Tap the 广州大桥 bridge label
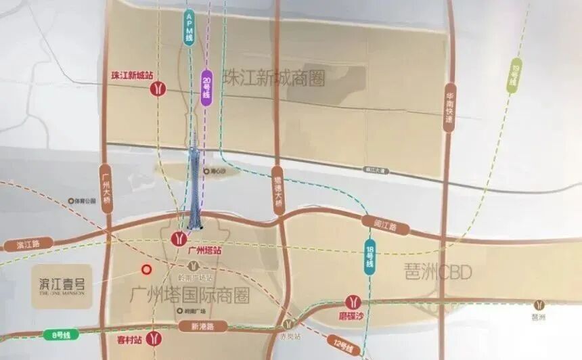click(105, 189)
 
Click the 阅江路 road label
click(383, 223)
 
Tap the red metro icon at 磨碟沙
click(353, 302)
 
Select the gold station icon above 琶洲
click(539, 305)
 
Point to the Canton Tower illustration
click(194, 183)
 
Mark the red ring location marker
click(145, 270)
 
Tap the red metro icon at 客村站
click(155, 336)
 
